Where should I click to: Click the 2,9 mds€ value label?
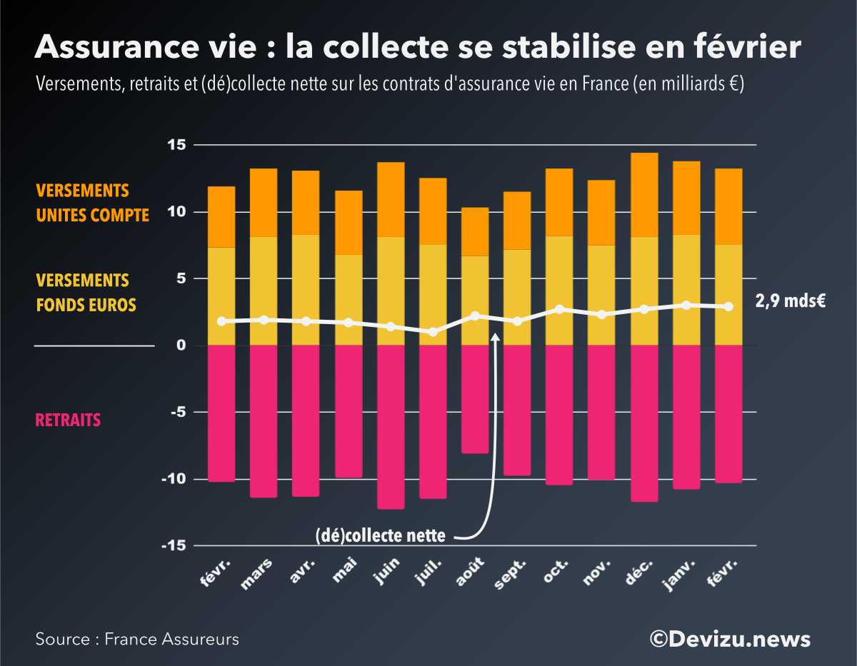point(791,301)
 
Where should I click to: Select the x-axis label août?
point(472,572)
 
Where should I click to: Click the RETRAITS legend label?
point(68,420)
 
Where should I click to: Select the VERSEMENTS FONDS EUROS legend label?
point(86,293)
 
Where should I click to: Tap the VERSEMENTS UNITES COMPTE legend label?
point(92,203)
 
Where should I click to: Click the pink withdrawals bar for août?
point(475,399)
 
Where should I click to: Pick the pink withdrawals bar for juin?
point(391,427)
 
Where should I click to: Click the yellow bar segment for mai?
point(349,300)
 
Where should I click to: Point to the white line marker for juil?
point(433,332)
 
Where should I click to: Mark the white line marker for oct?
point(560,309)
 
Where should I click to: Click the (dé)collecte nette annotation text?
point(380,535)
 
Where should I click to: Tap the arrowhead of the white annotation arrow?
point(495,335)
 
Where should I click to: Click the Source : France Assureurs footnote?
point(137,639)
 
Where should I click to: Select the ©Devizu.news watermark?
point(730,638)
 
